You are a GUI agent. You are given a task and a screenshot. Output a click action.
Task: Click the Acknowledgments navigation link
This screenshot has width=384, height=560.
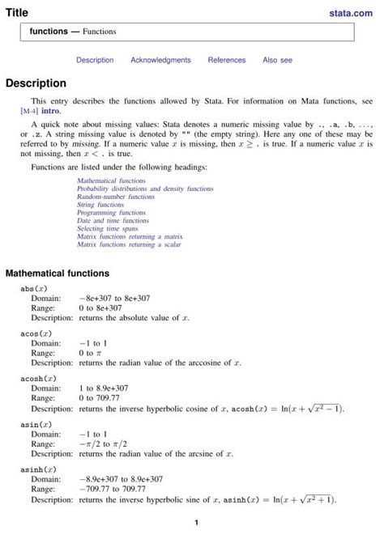[x=160, y=60]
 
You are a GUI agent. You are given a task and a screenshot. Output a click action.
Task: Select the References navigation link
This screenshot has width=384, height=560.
[x=226, y=60]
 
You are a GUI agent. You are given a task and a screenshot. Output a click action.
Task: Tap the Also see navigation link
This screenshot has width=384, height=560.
[x=277, y=60]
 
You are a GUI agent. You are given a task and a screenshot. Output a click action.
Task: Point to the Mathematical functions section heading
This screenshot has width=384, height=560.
[x=57, y=274]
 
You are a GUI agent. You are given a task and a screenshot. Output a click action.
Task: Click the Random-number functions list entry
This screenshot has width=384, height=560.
[x=115, y=197]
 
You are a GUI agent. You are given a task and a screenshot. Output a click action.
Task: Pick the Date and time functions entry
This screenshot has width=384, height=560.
[x=113, y=220]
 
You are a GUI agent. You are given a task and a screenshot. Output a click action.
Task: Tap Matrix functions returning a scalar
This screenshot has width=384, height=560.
[x=128, y=244]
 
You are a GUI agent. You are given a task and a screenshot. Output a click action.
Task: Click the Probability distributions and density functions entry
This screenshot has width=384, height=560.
[x=145, y=189]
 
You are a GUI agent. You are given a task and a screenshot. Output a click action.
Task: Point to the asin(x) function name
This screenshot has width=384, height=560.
[x=36, y=423]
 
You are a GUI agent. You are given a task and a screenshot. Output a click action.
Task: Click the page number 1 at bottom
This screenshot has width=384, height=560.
[x=196, y=523]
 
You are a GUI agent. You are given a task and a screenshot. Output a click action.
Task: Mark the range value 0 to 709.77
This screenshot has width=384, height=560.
[x=99, y=398]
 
